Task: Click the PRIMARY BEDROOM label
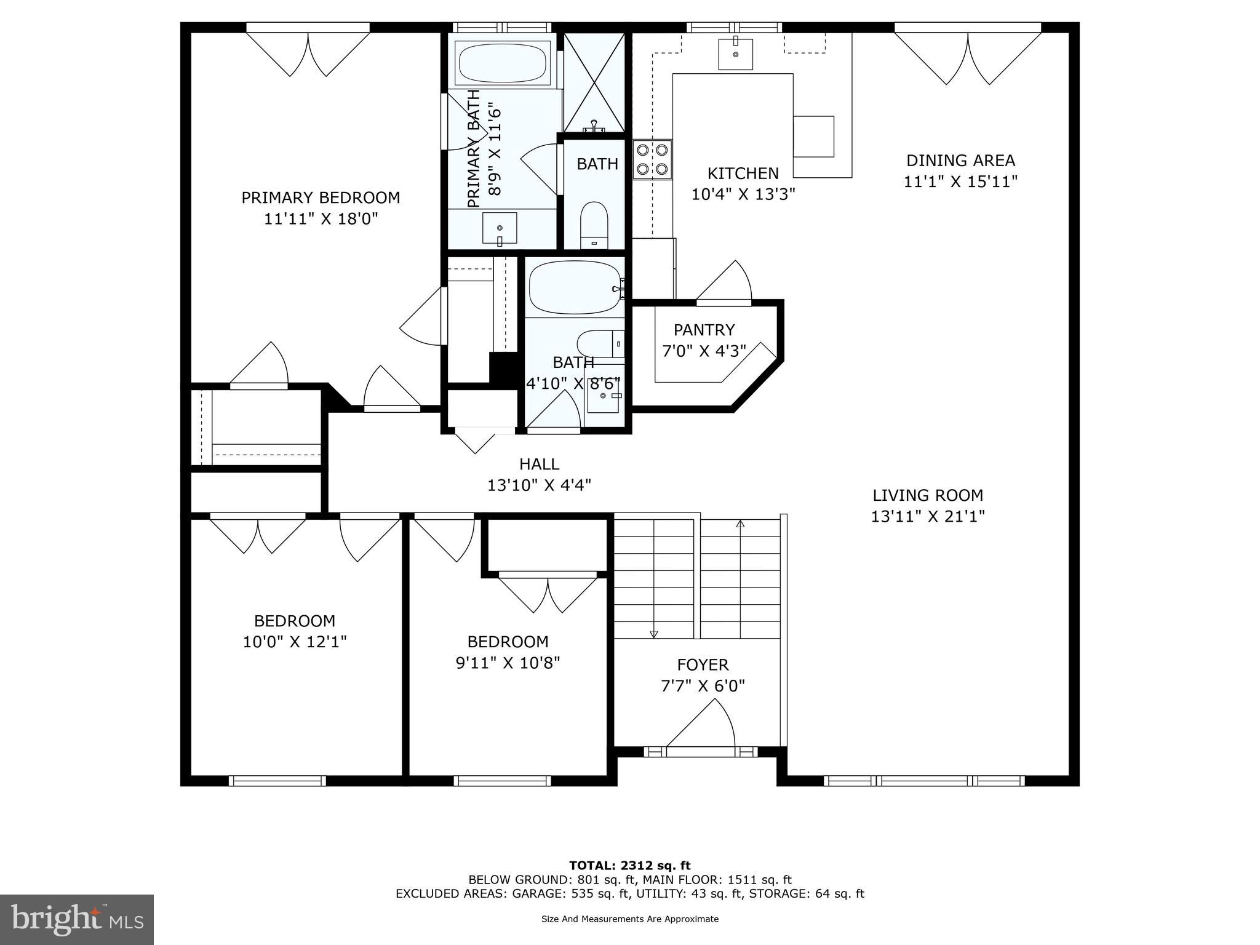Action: (321, 197)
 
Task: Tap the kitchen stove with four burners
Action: (652, 159)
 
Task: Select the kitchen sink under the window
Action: (735, 54)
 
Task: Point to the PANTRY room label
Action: (704, 330)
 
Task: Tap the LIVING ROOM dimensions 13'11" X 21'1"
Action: (928, 516)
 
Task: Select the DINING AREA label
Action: (960, 161)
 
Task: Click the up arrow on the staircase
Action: (740, 524)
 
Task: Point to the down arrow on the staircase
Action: (653, 634)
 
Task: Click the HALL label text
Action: (539, 464)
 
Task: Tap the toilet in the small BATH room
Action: (594, 224)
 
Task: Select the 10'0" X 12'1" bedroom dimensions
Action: (295, 642)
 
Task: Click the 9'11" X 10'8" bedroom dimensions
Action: (508, 663)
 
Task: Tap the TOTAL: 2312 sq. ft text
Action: (629, 866)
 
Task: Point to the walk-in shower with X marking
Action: (594, 82)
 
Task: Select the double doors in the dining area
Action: (968, 58)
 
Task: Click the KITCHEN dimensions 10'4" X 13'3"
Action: (743, 194)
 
